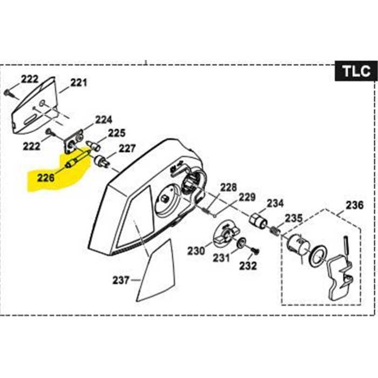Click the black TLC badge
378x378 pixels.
pos(356,71)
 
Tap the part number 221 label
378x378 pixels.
pos(78,83)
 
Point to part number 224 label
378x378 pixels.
pos(104,119)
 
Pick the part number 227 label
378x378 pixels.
pos(127,147)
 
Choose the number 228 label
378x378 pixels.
pos(228,187)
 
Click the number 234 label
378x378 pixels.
pos(275,204)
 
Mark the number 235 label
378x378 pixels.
pos(294,218)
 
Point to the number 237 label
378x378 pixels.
pos(122,280)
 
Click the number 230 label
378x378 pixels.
pos(196,251)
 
